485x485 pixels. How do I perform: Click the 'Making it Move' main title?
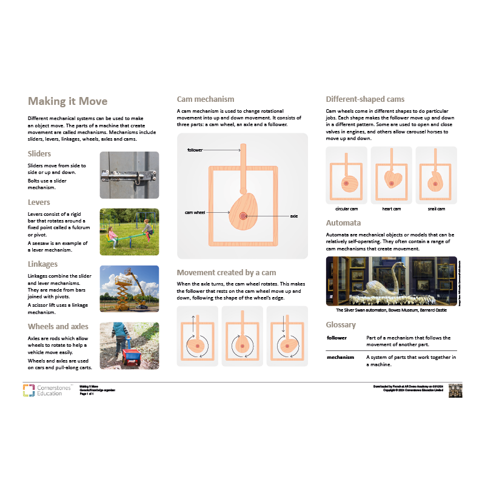68,101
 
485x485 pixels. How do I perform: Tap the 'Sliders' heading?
39,154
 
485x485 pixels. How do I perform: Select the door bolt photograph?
129,175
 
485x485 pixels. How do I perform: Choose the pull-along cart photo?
129,345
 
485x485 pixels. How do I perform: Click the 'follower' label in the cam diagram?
195,149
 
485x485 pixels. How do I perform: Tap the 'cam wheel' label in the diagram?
195,213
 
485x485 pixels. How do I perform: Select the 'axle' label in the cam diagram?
294,216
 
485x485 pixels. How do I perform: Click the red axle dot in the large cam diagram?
243,216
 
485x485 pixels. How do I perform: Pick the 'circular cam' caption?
347,209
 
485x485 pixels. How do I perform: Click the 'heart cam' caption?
391,209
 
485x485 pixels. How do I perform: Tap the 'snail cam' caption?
436,209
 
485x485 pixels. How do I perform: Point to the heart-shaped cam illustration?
391,179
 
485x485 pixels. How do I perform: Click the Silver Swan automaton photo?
391,281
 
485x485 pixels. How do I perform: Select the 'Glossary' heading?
341,325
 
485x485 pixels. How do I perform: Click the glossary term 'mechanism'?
340,357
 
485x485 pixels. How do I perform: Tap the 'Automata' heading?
343,222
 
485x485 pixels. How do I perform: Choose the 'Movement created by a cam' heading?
226,272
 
